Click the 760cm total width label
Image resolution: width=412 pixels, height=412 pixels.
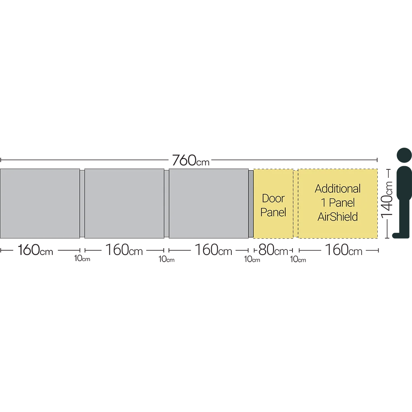191,160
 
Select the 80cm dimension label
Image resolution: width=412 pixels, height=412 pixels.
273,250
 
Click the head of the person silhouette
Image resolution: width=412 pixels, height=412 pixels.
404,155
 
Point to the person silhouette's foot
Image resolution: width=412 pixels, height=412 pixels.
397,235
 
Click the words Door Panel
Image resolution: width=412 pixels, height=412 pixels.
273,205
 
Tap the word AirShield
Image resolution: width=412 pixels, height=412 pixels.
338,217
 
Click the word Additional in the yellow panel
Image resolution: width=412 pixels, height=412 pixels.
338,189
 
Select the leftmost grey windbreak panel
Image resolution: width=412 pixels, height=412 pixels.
40,204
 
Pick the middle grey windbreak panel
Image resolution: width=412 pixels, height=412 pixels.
124,204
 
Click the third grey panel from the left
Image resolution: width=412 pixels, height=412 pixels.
209,204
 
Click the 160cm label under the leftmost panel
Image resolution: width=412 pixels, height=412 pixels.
35,250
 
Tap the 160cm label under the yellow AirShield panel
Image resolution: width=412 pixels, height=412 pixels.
344,250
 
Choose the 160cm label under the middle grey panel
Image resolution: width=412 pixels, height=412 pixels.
124,250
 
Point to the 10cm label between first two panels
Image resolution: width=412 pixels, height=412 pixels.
82,259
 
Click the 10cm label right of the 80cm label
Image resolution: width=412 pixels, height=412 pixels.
298,260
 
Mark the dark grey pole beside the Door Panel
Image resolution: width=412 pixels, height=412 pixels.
251,204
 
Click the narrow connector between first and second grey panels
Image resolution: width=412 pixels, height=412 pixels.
82,204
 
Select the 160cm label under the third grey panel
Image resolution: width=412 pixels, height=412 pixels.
213,250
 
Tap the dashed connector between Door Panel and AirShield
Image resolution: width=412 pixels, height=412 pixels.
296,204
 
